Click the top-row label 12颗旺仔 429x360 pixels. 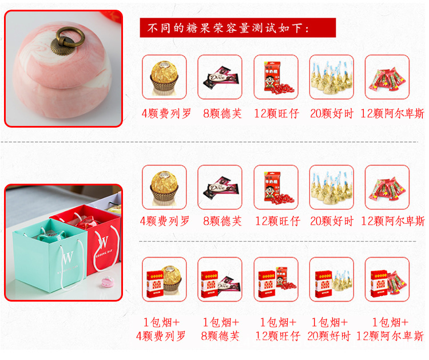[276, 113]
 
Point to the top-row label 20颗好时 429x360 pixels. [332, 113]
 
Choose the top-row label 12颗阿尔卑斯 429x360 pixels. [392, 113]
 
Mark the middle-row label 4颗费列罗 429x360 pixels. [164, 221]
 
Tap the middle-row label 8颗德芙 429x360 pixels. [220, 221]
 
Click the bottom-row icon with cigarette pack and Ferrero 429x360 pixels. [164, 279]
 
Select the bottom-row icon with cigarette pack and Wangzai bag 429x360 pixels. [276, 279]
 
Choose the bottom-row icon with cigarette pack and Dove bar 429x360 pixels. [220, 279]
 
